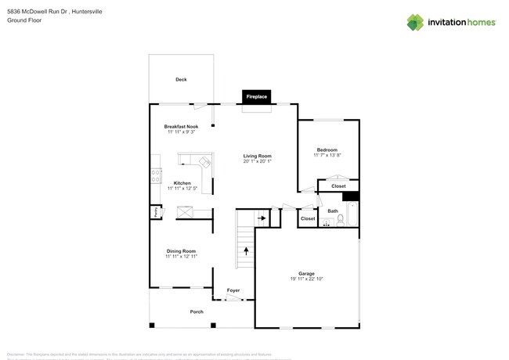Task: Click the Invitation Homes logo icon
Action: [x=415, y=22]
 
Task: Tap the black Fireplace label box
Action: [x=257, y=97]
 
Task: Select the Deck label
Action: [x=181, y=80]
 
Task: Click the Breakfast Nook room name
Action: [x=181, y=126]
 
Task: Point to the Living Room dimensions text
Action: [x=257, y=162]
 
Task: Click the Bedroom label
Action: [x=327, y=149]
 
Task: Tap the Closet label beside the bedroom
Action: [x=338, y=186]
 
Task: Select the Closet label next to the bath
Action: [x=308, y=219]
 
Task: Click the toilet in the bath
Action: [x=340, y=221]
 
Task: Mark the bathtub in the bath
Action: [x=352, y=213]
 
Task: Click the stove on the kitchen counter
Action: [x=156, y=176]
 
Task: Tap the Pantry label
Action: [x=157, y=211]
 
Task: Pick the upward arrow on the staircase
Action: [x=247, y=251]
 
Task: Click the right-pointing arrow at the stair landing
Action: [x=262, y=218]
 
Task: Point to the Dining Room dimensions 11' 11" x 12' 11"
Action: [x=181, y=257]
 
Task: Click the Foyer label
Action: [x=233, y=291]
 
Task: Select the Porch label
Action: [x=197, y=311]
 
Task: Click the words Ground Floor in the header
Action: [x=24, y=20]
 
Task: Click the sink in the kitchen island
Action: [x=205, y=163]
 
